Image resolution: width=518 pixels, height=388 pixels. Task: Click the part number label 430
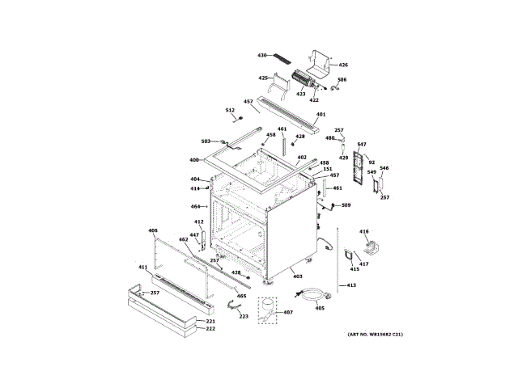262,55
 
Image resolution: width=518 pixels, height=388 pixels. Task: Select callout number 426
343,65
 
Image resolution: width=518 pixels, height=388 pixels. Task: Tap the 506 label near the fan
342,80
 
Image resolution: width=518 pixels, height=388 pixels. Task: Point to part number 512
230,110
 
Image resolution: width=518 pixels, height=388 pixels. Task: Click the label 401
321,114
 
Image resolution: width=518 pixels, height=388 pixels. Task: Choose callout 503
206,141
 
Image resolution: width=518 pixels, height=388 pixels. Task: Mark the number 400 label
194,159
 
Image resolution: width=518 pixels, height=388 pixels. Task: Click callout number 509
346,205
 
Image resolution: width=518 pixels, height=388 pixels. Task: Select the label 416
364,231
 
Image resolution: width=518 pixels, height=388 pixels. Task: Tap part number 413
352,285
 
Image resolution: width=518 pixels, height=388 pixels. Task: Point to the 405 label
320,307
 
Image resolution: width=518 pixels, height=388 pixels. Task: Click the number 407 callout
288,313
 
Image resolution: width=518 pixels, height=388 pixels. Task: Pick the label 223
244,316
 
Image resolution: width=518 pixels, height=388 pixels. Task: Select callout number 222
210,328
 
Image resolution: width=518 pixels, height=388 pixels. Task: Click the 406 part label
152,230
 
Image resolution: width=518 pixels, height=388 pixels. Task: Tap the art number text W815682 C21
376,334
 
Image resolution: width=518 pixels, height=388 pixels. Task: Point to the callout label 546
384,168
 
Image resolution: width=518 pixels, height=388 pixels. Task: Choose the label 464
195,206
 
